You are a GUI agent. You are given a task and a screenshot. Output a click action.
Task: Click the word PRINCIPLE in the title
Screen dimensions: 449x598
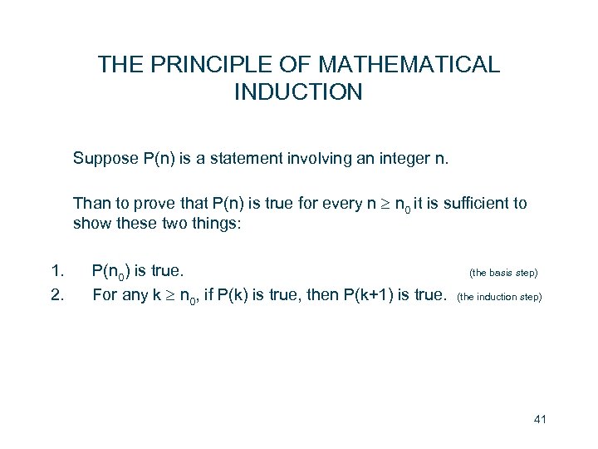(201, 64)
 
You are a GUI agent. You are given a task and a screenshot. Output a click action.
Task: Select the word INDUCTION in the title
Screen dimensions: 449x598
(298, 91)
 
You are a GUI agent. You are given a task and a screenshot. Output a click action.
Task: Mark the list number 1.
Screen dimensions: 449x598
(56, 270)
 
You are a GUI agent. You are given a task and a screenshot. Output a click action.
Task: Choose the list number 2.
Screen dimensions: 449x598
(56, 294)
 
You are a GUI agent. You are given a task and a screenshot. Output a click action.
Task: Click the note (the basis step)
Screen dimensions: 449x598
(503, 272)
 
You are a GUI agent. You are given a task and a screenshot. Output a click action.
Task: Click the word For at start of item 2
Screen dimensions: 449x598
(105, 294)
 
